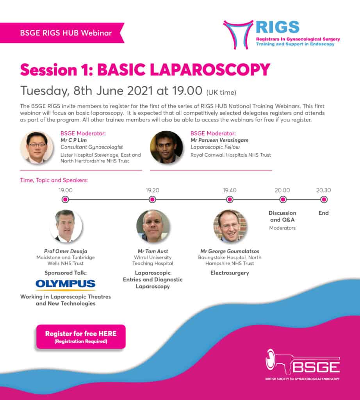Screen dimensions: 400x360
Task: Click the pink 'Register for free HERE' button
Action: click(81, 336)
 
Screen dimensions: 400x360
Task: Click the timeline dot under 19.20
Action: click(152, 200)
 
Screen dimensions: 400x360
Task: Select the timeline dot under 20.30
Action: click(323, 200)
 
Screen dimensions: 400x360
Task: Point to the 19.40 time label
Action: click(230, 190)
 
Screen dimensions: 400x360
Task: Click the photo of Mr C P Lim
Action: click(36, 147)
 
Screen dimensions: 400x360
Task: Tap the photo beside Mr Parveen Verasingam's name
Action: click(166, 147)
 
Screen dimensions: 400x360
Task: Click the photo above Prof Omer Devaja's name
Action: click(66, 226)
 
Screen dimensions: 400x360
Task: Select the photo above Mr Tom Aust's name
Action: click(153, 226)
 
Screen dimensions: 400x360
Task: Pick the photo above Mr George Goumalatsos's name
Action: click(230, 226)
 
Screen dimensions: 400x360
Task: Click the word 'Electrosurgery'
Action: click(230, 273)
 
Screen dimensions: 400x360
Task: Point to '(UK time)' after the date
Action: click(221, 93)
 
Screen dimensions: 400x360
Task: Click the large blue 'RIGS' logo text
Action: click(278, 27)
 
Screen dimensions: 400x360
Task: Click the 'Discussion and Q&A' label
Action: click(282, 216)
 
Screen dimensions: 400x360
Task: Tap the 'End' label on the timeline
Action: click(323, 213)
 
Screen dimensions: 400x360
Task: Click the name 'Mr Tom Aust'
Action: click(153, 252)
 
